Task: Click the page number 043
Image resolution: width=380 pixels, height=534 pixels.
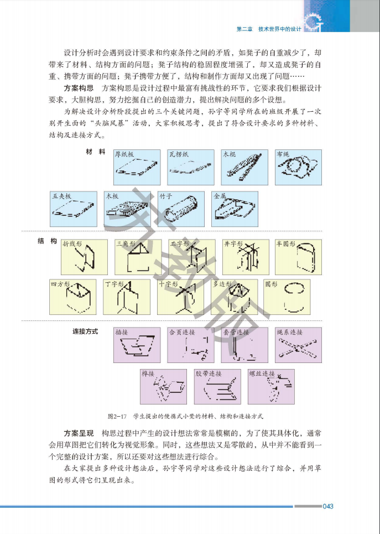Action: coord(328,506)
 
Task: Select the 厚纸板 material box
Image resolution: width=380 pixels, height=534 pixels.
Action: coord(137,167)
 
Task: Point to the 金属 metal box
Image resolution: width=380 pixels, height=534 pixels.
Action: coord(234,209)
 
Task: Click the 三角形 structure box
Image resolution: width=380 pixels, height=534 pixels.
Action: coord(138,256)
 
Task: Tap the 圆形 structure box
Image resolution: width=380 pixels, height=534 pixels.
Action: coord(287,297)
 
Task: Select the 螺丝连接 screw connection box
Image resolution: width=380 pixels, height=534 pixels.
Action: coord(271,386)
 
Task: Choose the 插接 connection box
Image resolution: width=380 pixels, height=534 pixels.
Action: coord(137,345)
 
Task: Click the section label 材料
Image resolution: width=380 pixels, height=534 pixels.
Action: coord(95,152)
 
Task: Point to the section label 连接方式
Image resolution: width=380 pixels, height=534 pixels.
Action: coord(85,331)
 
